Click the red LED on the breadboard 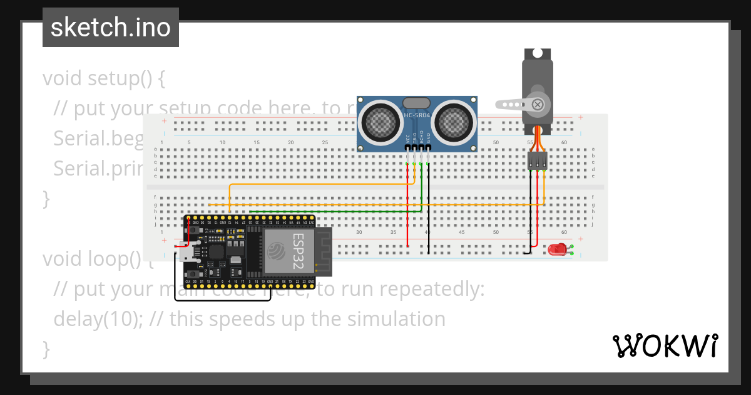point(556,250)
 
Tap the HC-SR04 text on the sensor point(417,115)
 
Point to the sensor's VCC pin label point(408,139)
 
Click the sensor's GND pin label point(429,139)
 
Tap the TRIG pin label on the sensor point(415,139)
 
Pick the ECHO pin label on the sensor point(422,139)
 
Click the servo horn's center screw point(537,104)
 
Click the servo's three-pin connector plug point(537,161)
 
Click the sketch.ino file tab point(111,28)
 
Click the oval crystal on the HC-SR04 point(417,103)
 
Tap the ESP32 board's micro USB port point(187,253)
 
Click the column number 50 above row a point(496,143)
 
